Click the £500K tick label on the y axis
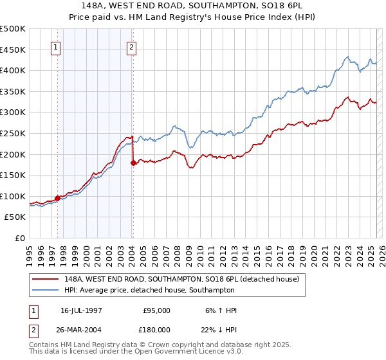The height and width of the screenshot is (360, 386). (13, 29)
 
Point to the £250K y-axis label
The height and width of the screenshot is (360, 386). (13, 133)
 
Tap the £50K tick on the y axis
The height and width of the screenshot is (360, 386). (15, 217)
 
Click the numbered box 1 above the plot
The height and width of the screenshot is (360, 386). (55, 46)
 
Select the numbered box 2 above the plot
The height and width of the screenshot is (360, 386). (131, 46)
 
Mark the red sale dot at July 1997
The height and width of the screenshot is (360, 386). (57, 198)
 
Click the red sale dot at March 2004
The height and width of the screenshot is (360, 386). (133, 163)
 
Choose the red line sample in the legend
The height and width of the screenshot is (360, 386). (46, 279)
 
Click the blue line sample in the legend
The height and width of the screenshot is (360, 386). (46, 290)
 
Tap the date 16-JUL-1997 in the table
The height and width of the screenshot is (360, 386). (80, 310)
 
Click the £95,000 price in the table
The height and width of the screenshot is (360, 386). (156, 310)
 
